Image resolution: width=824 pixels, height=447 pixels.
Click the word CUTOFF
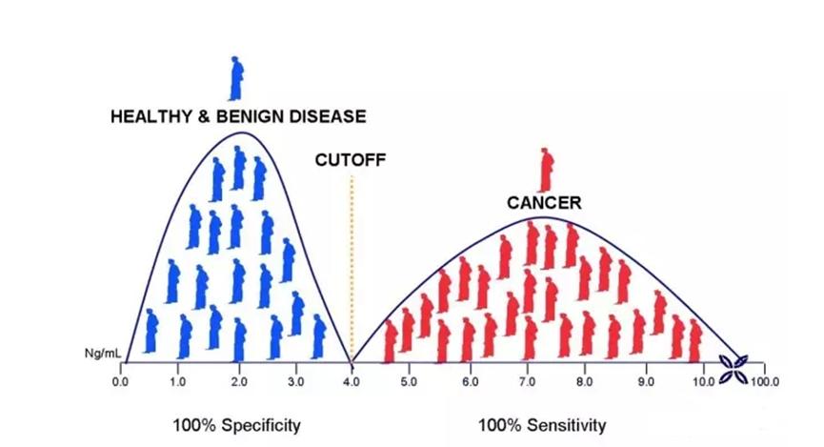[x=350, y=160]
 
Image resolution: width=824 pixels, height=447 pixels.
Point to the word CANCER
[x=544, y=203]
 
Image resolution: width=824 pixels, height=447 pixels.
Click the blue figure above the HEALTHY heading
[x=236, y=77]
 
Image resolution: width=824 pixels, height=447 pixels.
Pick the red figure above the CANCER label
[x=545, y=170]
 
